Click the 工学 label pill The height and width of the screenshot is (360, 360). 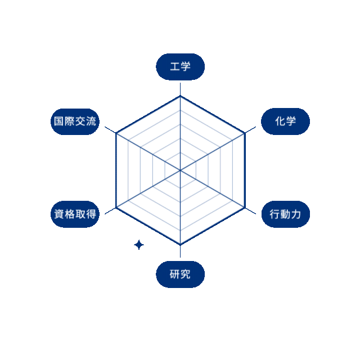[180, 67]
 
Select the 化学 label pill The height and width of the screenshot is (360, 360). [285, 121]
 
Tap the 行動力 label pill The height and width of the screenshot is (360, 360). [286, 214]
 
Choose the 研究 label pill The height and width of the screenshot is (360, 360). [180, 274]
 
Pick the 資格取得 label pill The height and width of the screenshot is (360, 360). [75, 214]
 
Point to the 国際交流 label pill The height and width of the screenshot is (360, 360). [75, 121]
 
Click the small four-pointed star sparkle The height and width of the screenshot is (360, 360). [139, 245]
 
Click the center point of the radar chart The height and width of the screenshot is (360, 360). [180, 170]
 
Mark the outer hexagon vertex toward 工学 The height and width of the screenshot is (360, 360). [180, 96]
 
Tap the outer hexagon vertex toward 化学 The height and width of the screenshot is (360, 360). [245, 133]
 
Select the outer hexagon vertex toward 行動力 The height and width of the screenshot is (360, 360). [245, 208]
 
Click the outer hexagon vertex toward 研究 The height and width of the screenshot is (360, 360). [180, 245]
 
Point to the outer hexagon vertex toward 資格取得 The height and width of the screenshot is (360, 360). [116, 208]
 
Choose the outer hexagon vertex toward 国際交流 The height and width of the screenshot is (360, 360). [116, 133]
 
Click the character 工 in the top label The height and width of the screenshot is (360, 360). [175, 67]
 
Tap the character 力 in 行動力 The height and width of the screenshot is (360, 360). [296, 214]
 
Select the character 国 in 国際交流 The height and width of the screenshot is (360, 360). [58, 121]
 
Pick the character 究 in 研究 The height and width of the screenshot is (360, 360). [186, 274]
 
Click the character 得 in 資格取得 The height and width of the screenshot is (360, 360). [91, 214]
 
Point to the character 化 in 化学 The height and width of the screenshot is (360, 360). [280, 121]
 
